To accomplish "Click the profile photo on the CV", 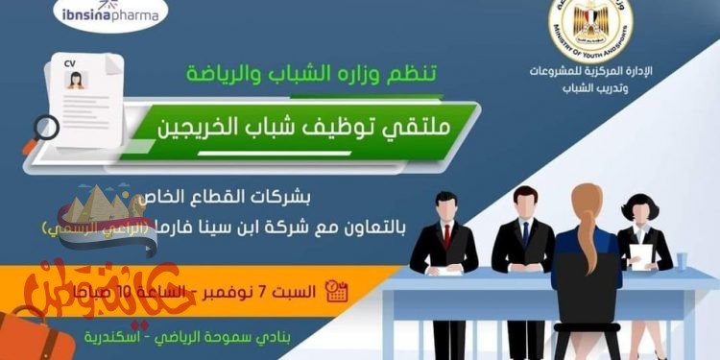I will (x=76, y=80).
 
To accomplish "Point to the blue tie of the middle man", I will (x=525, y=233).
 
